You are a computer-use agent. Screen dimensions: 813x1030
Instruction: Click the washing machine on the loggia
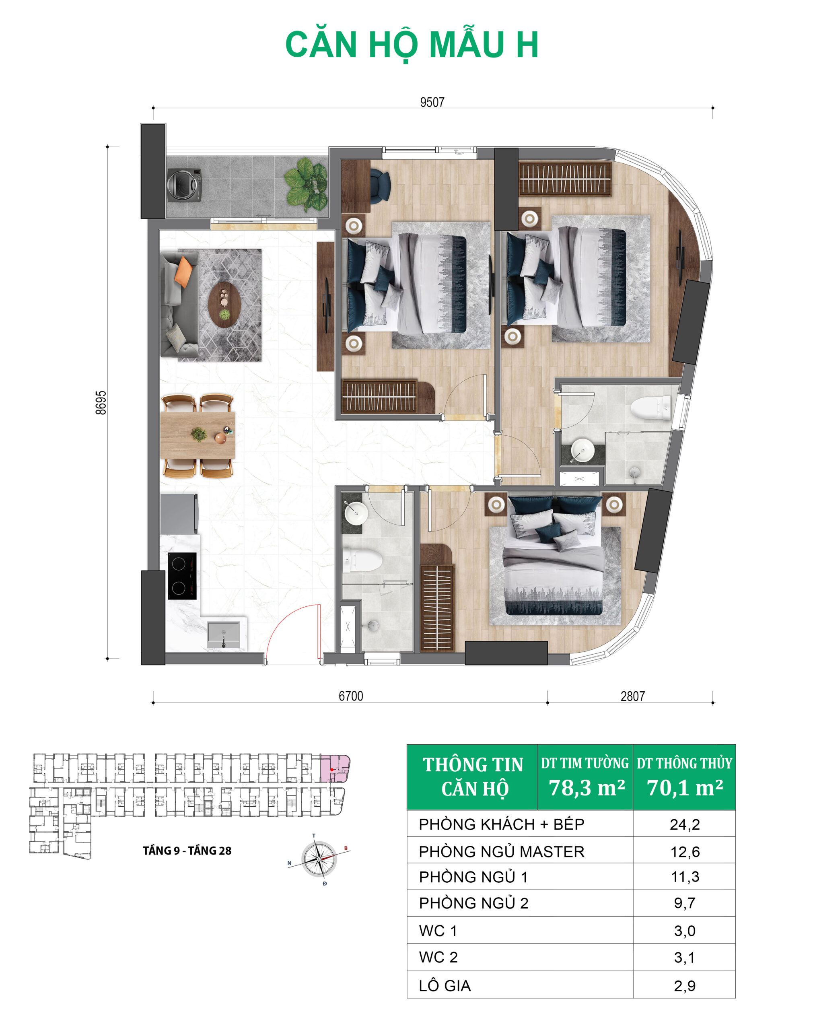pyautogui.click(x=184, y=184)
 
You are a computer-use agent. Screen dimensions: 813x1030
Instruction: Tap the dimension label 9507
pyautogui.click(x=432, y=102)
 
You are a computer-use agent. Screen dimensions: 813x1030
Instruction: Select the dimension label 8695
pyautogui.click(x=101, y=403)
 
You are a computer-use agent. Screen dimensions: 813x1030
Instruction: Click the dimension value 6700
pyautogui.click(x=351, y=696)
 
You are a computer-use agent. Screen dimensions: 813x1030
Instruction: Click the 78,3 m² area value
pyautogui.click(x=587, y=788)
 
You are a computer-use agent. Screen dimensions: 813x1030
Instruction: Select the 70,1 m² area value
pyautogui.click(x=685, y=788)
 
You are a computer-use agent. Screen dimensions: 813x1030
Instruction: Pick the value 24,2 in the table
pyautogui.click(x=685, y=824)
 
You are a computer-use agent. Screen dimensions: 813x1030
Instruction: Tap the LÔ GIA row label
pyautogui.click(x=445, y=986)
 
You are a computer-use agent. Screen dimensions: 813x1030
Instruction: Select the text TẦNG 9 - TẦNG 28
pyautogui.click(x=187, y=851)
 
